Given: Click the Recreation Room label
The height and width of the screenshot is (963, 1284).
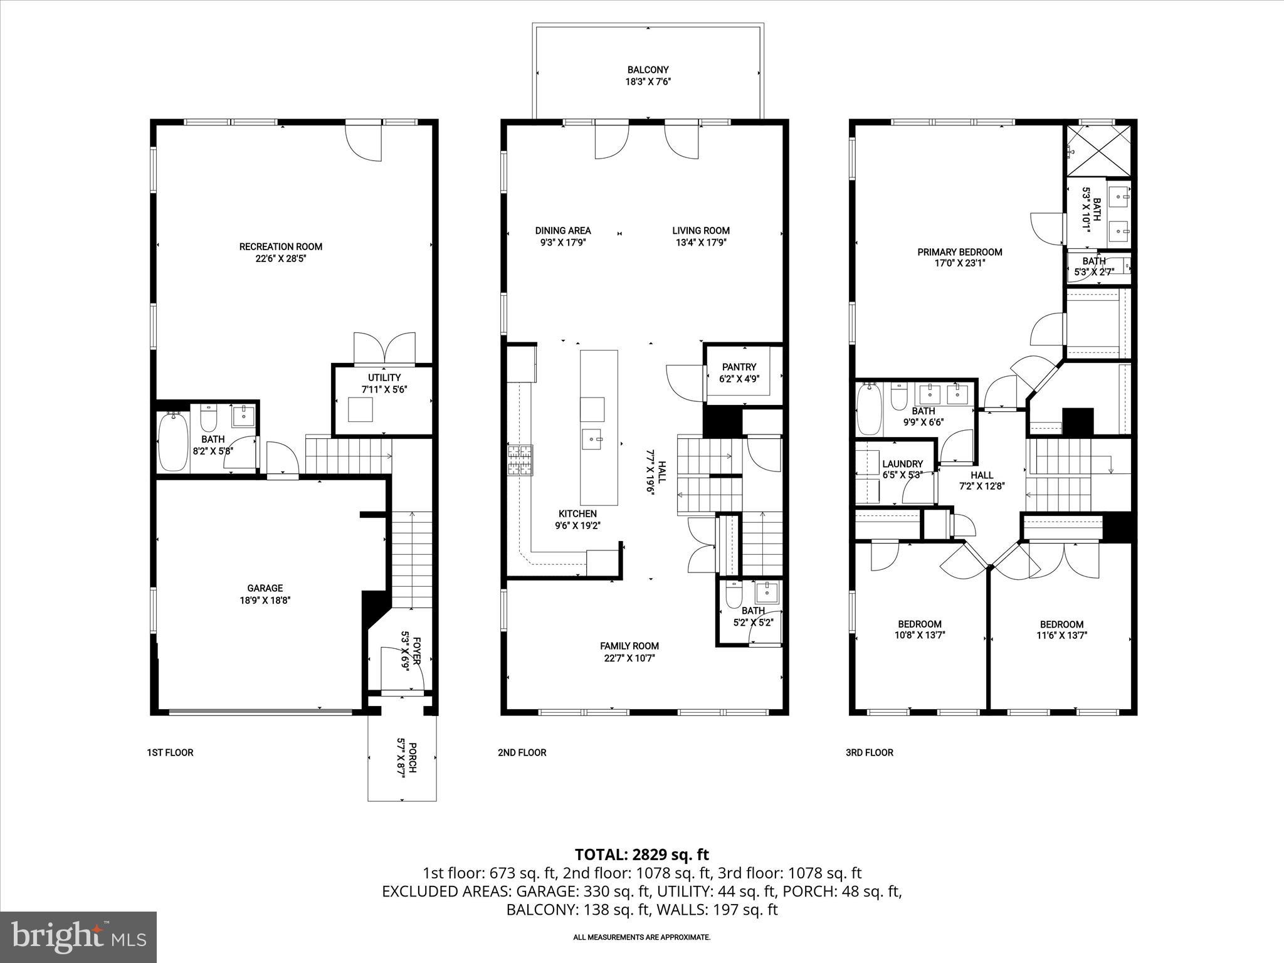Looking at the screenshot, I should pos(280,246).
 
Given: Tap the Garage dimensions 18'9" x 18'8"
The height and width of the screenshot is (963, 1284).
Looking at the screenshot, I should pos(265,600).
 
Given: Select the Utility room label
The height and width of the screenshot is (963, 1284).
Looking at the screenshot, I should pos(384,377).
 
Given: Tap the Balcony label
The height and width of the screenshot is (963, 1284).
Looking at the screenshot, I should pos(648,70).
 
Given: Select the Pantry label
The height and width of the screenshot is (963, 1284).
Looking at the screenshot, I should pos(739,367).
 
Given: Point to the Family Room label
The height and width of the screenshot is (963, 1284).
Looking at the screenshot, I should pos(629,646).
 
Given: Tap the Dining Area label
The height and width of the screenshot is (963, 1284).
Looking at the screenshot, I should pos(562,231).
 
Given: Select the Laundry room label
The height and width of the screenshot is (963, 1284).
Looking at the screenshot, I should pos(902,464).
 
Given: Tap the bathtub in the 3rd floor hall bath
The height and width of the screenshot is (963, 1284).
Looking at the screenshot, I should pos(869,409).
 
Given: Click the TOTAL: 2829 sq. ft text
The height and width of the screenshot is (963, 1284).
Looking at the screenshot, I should pos(641,855).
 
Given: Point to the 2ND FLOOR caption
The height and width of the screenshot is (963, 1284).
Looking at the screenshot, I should pos(522,752).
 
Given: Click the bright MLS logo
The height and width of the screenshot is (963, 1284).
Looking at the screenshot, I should pos(78,937).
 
